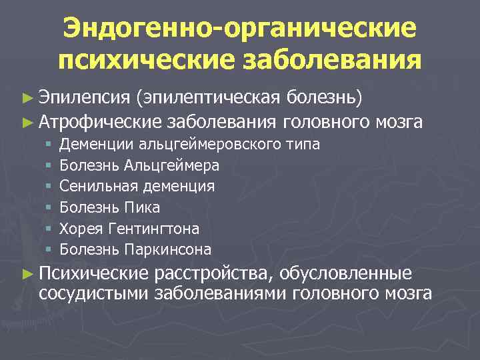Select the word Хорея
79,229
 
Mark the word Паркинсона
167,250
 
